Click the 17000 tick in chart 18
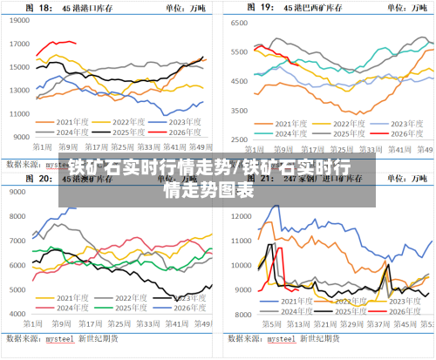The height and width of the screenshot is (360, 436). (21, 44)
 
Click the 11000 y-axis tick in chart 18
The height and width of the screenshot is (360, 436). (21, 113)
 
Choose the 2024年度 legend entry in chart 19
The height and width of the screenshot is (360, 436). (289, 133)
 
